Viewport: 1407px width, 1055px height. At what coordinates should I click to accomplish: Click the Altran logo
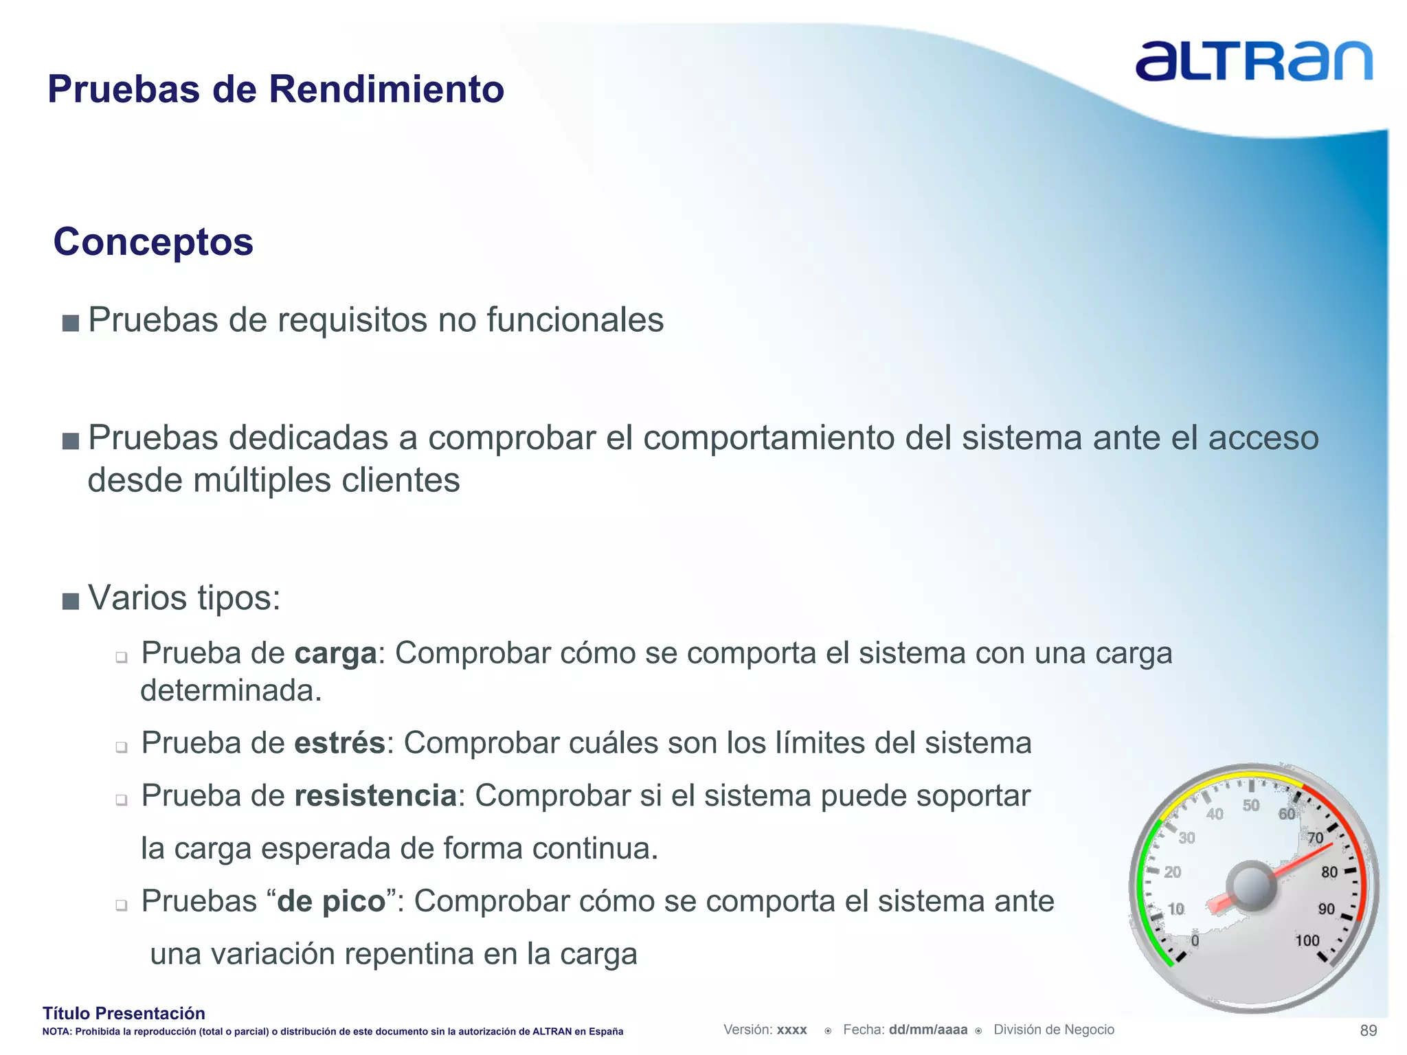coord(1253,62)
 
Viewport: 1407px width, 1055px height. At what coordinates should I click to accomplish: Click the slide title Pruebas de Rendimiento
coord(275,89)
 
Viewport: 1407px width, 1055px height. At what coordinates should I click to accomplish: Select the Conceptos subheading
coord(153,242)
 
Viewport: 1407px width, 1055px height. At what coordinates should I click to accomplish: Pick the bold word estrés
coord(339,743)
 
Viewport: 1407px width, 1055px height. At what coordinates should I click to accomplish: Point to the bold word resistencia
coord(375,796)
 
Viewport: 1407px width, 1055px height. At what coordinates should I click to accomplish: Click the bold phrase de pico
coord(331,901)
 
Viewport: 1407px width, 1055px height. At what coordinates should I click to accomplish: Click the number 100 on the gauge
coord(1307,940)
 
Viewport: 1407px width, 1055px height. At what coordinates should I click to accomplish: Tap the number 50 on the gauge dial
coord(1251,805)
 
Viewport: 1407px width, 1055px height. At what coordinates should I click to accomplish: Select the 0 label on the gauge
coord(1195,940)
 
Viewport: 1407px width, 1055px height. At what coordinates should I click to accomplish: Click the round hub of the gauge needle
coord(1252,886)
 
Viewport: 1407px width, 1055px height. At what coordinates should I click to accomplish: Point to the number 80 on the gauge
coord(1329,872)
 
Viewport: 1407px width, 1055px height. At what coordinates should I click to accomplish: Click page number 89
coord(1368,1030)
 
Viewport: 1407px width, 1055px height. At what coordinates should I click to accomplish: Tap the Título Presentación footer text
coord(124,1013)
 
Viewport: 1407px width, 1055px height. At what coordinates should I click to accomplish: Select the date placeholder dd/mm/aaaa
coord(927,1030)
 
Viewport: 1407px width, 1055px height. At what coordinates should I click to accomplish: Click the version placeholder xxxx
coord(791,1030)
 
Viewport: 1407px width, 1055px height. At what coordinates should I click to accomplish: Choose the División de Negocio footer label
coord(1054,1030)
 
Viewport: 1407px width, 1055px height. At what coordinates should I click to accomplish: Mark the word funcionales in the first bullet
coord(575,320)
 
